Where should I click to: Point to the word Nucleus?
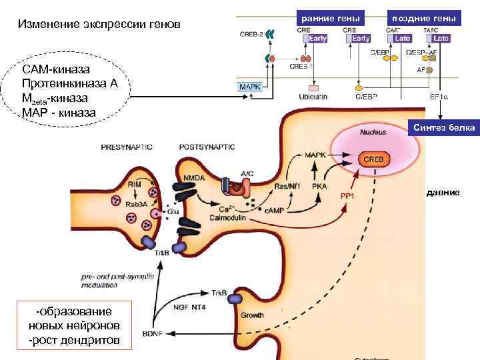373,133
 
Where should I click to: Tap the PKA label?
319,186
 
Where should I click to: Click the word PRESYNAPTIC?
127,146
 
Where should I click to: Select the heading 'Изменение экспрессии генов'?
99,25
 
